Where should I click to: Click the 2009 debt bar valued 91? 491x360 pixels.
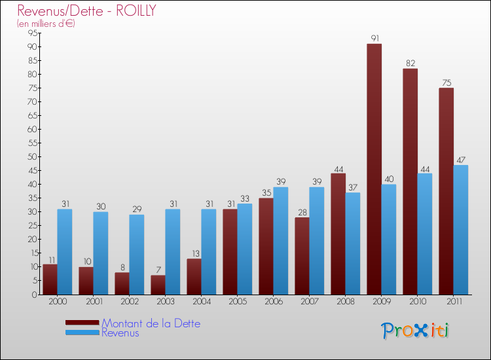point(374,169)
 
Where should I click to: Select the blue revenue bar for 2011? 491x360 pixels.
point(461,230)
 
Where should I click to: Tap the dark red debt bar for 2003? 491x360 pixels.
point(158,285)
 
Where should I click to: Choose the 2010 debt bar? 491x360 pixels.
point(410,181)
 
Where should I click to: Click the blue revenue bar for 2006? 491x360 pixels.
point(280,241)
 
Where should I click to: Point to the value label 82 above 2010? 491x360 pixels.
point(410,63)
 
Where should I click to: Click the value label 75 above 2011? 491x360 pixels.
point(446,82)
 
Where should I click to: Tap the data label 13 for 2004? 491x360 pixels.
point(194,253)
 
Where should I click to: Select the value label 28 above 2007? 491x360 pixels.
point(302,212)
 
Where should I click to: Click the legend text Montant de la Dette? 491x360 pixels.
point(151,323)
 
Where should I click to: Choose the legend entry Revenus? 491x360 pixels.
point(120,333)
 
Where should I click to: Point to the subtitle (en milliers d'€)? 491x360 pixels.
point(46,24)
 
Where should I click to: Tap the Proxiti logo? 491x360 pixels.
point(415,331)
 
